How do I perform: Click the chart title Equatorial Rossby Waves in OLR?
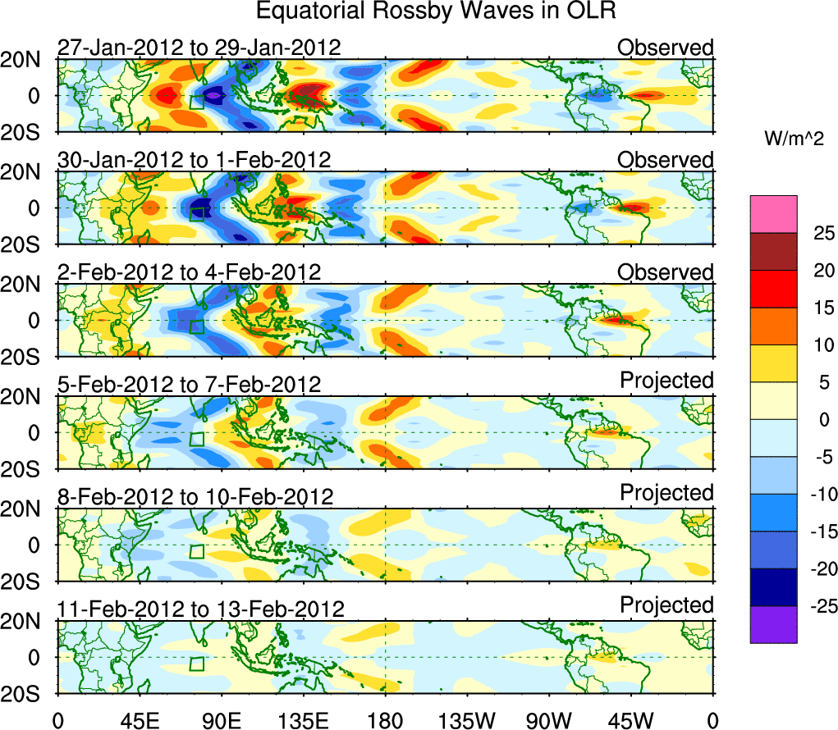pyautogui.click(x=436, y=11)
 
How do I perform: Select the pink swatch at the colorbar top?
pyautogui.click(x=773, y=214)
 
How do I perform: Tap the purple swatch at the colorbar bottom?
pyautogui.click(x=773, y=624)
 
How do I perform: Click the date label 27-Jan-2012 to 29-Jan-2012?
pyautogui.click(x=199, y=48)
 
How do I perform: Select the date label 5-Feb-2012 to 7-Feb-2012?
pyautogui.click(x=189, y=384)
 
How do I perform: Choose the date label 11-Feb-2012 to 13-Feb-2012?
pyautogui.click(x=201, y=609)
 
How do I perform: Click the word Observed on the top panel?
pyautogui.click(x=666, y=48)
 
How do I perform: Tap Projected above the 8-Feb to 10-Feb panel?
pyautogui.click(x=666, y=492)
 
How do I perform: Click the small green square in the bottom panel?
pyautogui.click(x=196, y=664)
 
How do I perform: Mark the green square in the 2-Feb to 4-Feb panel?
pyautogui.click(x=196, y=326)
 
